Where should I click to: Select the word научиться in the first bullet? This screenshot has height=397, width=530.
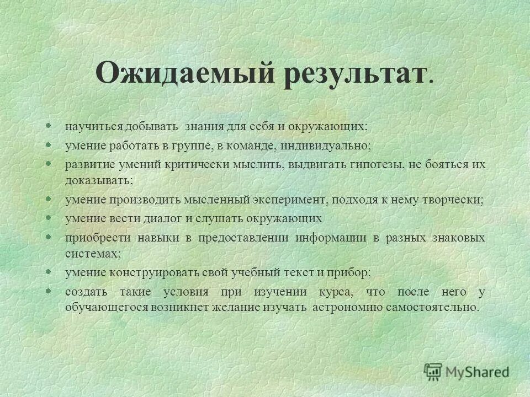(x=93, y=126)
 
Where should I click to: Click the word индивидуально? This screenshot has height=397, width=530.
(x=326, y=145)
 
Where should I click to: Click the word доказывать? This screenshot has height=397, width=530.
(x=99, y=180)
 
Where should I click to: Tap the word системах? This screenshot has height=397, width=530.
(x=92, y=253)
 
